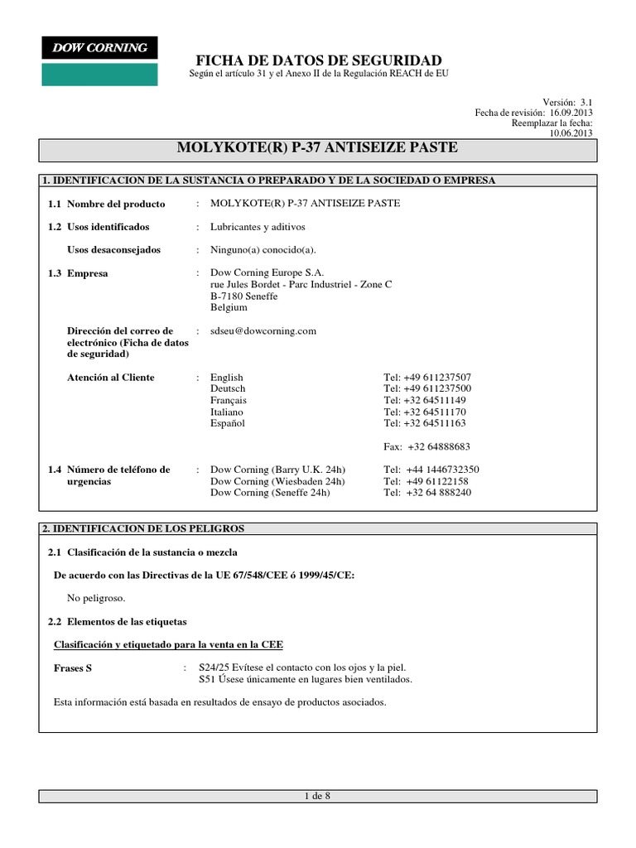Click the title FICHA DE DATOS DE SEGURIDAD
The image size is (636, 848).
[x=318, y=60]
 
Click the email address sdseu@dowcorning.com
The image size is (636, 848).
[x=264, y=330]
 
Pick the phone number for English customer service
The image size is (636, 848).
[x=427, y=378]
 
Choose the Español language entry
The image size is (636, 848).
[x=228, y=423]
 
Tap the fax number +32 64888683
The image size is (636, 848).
[x=439, y=446]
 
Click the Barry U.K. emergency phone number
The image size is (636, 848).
[x=442, y=470]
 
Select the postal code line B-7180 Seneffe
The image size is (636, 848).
[x=244, y=296]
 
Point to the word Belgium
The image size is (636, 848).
[x=229, y=307]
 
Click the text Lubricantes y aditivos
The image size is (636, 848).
[x=258, y=227]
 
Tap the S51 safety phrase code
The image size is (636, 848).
[x=207, y=680]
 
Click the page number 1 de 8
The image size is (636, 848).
[x=318, y=797]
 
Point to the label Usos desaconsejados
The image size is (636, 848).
[x=113, y=250]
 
